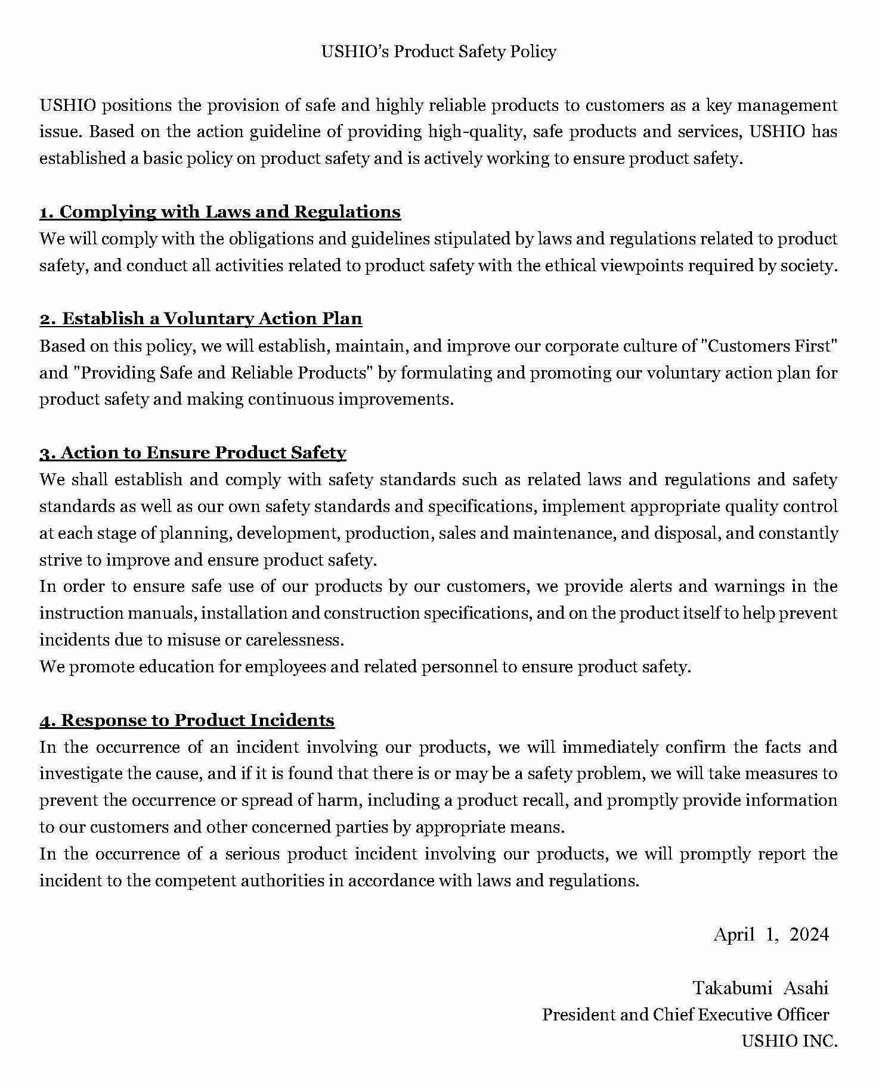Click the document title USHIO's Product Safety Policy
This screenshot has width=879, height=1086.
[439, 52]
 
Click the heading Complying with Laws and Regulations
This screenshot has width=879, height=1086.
[220, 212]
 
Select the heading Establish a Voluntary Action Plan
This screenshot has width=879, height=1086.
[201, 319]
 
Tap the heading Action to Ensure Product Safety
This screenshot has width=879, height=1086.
[193, 453]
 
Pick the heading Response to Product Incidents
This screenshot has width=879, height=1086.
[187, 721]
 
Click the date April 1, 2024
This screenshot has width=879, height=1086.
[770, 934]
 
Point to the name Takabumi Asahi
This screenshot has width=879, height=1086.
[760, 988]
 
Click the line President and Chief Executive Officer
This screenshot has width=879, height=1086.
[685, 1014]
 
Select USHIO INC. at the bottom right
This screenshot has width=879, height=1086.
[789, 1041]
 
